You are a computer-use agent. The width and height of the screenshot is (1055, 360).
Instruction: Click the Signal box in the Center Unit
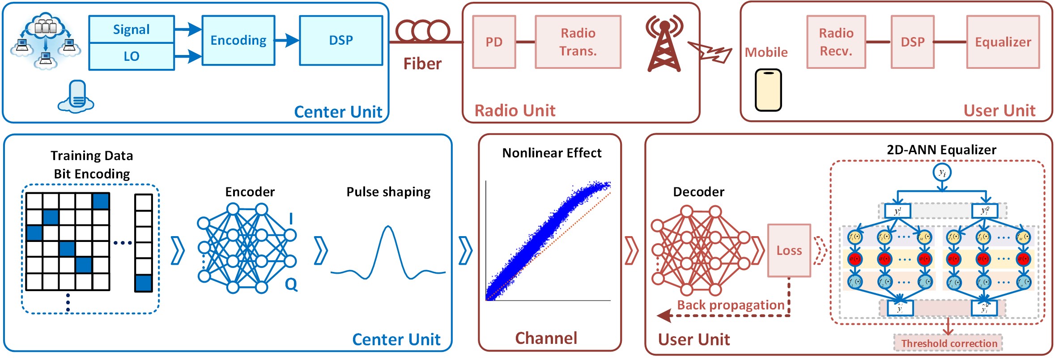pyautogui.click(x=131, y=30)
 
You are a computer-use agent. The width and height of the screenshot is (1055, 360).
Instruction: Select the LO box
pyautogui.click(x=131, y=56)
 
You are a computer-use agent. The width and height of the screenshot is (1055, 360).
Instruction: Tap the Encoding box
pyautogui.click(x=238, y=40)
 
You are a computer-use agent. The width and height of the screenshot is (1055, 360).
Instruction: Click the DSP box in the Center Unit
pyautogui.click(x=341, y=40)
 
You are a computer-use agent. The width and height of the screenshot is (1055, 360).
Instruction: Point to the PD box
pyautogui.click(x=494, y=42)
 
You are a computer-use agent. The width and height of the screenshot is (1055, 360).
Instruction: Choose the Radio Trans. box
pyautogui.click(x=578, y=42)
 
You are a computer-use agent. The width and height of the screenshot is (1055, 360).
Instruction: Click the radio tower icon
pyautogui.click(x=664, y=45)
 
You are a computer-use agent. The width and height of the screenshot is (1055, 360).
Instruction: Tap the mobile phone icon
pyautogui.click(x=768, y=90)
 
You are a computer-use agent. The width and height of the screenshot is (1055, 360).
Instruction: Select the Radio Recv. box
pyautogui.click(x=836, y=42)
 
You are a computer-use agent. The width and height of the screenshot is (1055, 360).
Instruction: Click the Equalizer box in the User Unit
pyautogui.click(x=1003, y=42)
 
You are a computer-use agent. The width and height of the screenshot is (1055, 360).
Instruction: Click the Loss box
pyautogui.click(x=789, y=250)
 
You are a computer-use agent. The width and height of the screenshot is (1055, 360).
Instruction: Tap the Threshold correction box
pyautogui.click(x=949, y=343)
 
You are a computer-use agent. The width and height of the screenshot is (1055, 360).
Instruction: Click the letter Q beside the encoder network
pyautogui.click(x=291, y=284)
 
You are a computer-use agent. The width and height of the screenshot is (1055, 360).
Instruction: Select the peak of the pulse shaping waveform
pyautogui.click(x=388, y=228)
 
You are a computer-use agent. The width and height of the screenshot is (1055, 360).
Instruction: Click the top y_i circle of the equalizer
pyautogui.click(x=942, y=173)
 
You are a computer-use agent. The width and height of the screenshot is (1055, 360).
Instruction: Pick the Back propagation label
pyautogui.click(x=731, y=305)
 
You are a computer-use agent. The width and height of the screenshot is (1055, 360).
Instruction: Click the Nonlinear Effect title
pyautogui.click(x=552, y=153)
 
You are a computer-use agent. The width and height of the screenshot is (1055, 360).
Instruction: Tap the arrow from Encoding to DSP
pyautogui.click(x=287, y=40)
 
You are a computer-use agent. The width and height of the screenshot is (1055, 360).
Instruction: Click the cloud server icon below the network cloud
pyautogui.click(x=77, y=96)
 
